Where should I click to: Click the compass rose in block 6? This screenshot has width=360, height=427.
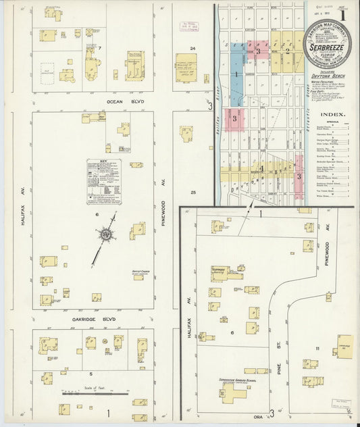coord(106,234)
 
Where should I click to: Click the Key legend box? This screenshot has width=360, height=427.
coord(104,181)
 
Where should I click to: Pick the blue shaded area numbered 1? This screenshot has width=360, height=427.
coord(236,74)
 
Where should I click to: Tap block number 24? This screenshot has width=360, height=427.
coord(192,48)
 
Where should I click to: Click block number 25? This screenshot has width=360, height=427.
coord(192,193)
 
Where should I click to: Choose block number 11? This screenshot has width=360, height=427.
coord(317,348)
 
